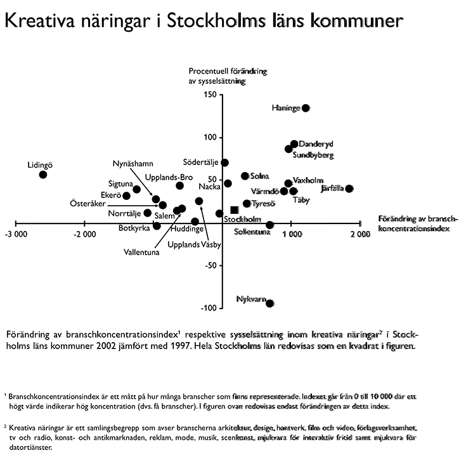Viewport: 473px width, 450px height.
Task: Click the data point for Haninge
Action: point(306,108)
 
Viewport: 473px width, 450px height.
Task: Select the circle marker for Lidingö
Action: point(43,175)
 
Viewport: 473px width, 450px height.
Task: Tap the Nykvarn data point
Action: point(270,303)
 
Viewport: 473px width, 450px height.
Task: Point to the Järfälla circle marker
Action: point(349,189)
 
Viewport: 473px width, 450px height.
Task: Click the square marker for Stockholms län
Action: point(235,209)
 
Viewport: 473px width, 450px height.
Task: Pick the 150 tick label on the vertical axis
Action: point(210,95)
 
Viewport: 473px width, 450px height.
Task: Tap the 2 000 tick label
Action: point(360,234)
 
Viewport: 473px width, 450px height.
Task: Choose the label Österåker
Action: point(87,204)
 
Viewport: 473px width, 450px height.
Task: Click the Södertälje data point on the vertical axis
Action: point(225,163)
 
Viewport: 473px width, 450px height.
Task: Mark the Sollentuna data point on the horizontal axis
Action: point(270,225)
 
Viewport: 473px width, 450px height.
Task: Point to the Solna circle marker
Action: point(245,176)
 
